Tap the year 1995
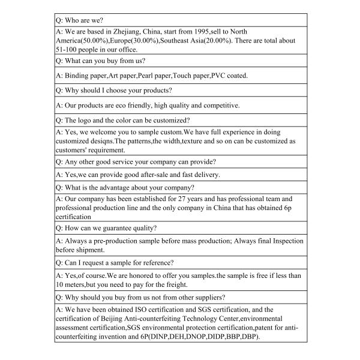211,31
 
